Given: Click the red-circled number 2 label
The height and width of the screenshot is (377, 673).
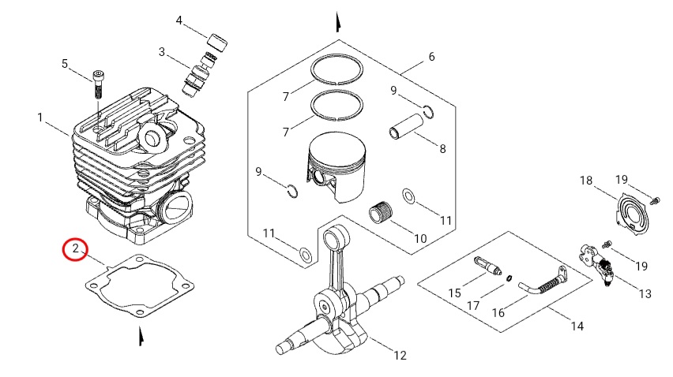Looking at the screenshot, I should [x=75, y=250].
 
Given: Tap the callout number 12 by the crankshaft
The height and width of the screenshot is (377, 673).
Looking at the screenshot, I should [x=400, y=356].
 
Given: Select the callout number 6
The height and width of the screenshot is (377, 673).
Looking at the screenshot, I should [x=431, y=57].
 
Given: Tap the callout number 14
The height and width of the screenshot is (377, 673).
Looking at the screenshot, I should [x=577, y=325].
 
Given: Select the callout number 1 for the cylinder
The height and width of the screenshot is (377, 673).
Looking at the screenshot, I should [x=39, y=118].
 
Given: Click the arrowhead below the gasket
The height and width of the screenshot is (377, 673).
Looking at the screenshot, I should [x=141, y=337].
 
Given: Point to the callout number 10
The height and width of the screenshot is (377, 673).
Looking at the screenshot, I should [x=420, y=237].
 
